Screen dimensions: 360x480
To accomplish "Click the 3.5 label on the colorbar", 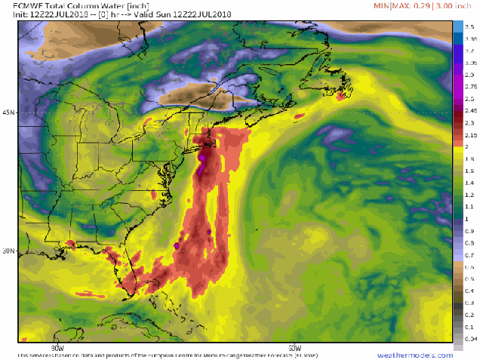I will (469, 26).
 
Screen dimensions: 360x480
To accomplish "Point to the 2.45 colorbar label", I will (470, 110).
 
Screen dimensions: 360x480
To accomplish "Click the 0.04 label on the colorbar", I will (470, 340).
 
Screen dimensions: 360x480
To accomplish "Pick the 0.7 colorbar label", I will (469, 255).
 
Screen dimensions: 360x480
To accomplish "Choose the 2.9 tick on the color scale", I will (469, 74).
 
